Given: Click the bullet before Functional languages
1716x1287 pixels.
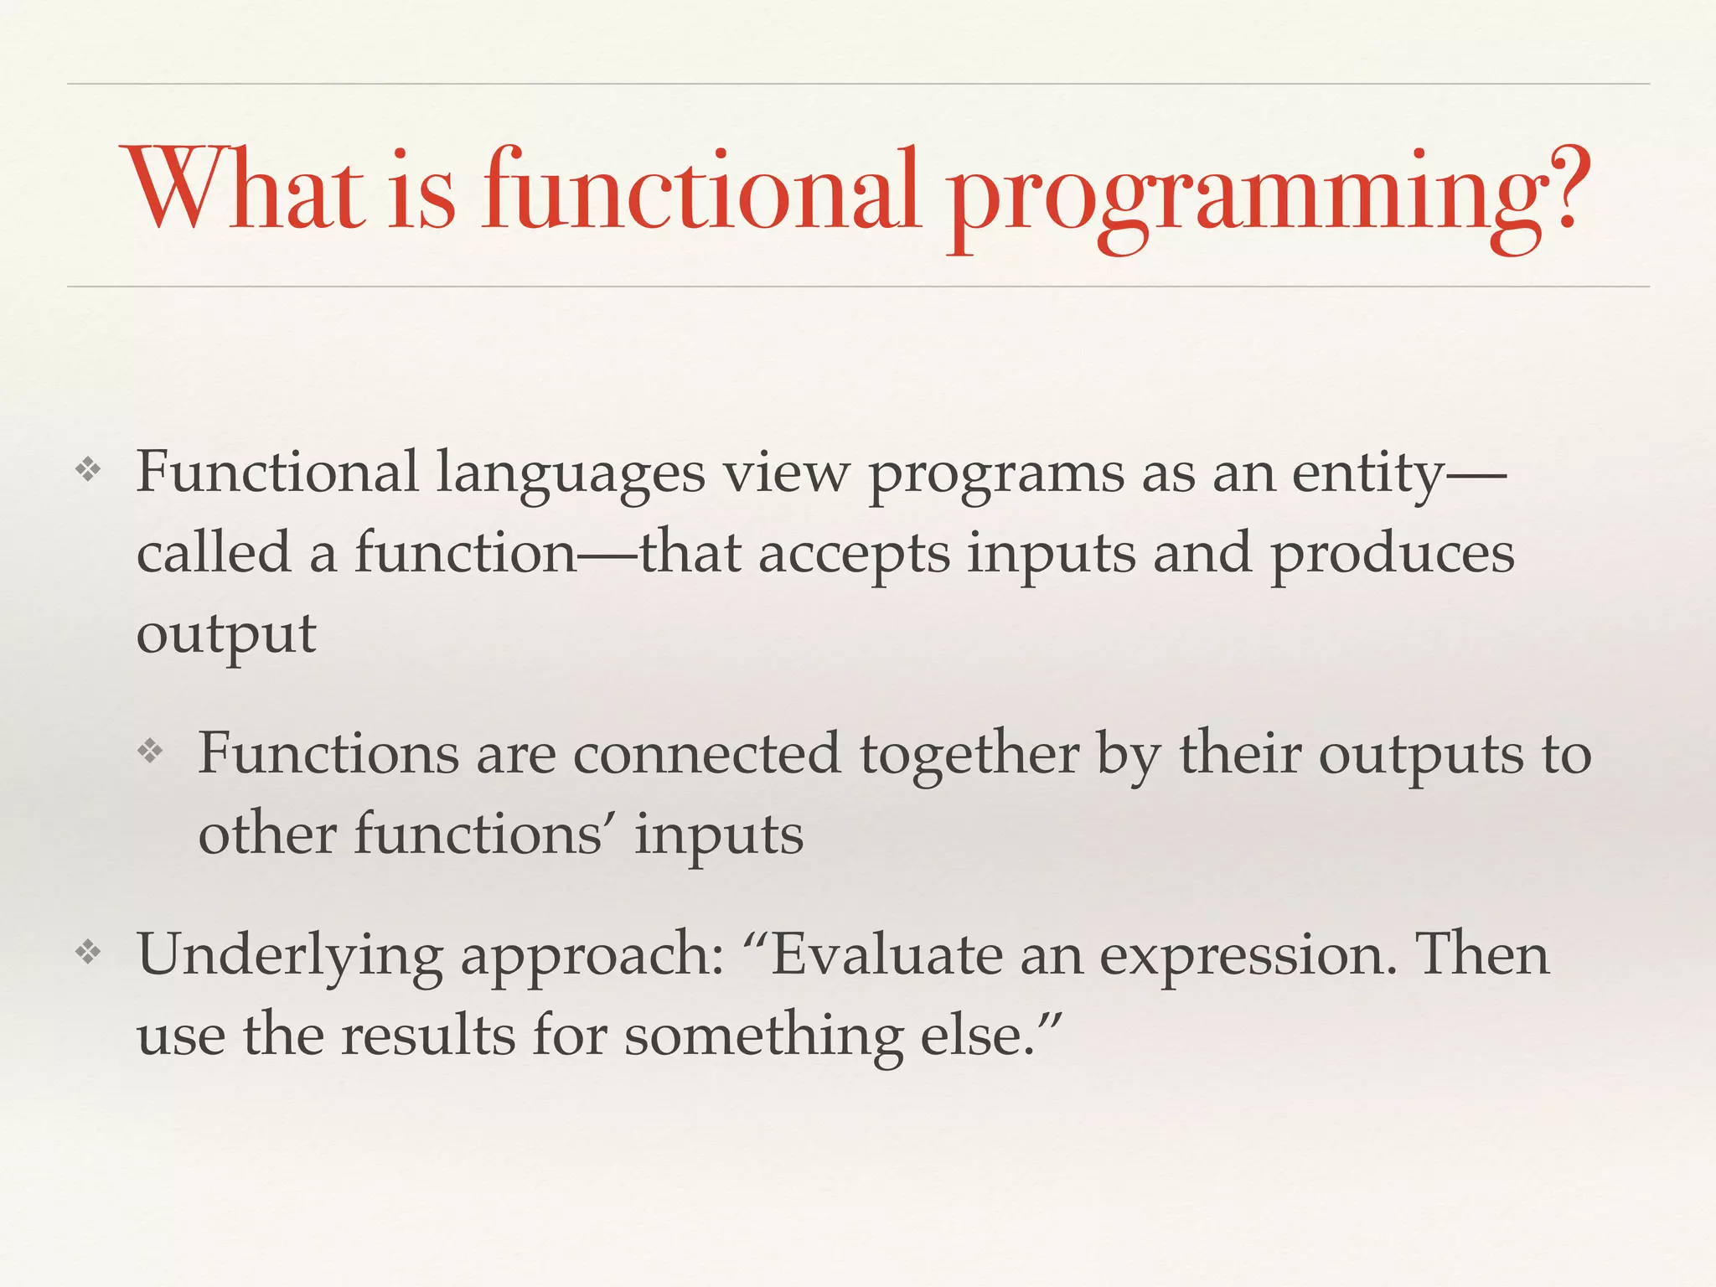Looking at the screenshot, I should pos(88,471).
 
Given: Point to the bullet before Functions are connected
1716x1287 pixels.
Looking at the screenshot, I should pos(150,752).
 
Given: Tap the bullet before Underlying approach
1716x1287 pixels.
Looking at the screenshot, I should pos(88,952).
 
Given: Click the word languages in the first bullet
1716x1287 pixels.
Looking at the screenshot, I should pos(571,474).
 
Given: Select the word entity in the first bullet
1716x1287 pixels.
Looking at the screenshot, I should pos(1368,474).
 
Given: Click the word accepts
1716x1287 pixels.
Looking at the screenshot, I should pos(854,555).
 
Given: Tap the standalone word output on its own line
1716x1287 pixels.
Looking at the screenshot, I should pos(226,633).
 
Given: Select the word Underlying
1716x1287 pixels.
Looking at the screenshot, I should pos(289,955).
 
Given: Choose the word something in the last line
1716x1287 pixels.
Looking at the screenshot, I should pos(763,1036).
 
